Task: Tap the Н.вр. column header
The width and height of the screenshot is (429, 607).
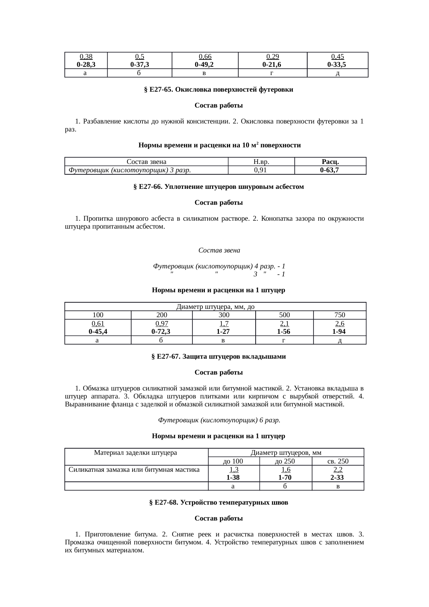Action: click(x=261, y=162)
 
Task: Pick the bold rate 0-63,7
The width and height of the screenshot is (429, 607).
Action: click(x=329, y=170)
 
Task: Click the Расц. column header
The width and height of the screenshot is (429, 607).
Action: click(x=330, y=162)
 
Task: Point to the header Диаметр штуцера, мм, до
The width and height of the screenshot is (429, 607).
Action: click(x=216, y=307)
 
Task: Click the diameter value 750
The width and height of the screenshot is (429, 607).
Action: click(x=339, y=315)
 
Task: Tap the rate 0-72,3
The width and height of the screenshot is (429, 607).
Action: click(x=161, y=331)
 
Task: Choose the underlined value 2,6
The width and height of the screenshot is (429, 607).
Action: click(x=339, y=324)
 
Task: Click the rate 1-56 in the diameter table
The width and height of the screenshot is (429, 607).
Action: click(x=284, y=331)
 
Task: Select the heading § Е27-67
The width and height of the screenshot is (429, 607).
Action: click(x=218, y=357)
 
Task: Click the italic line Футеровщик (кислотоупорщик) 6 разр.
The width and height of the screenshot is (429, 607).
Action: click(x=219, y=420)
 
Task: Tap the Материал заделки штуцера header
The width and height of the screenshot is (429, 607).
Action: click(x=136, y=452)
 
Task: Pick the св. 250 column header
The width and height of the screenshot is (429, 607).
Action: click(x=338, y=461)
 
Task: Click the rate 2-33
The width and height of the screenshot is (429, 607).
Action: click(x=337, y=478)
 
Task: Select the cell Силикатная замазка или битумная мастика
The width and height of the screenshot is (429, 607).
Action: click(x=134, y=470)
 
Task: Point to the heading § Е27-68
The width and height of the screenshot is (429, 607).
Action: click(x=218, y=503)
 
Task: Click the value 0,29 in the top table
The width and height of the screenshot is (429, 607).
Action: click(x=272, y=57)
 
